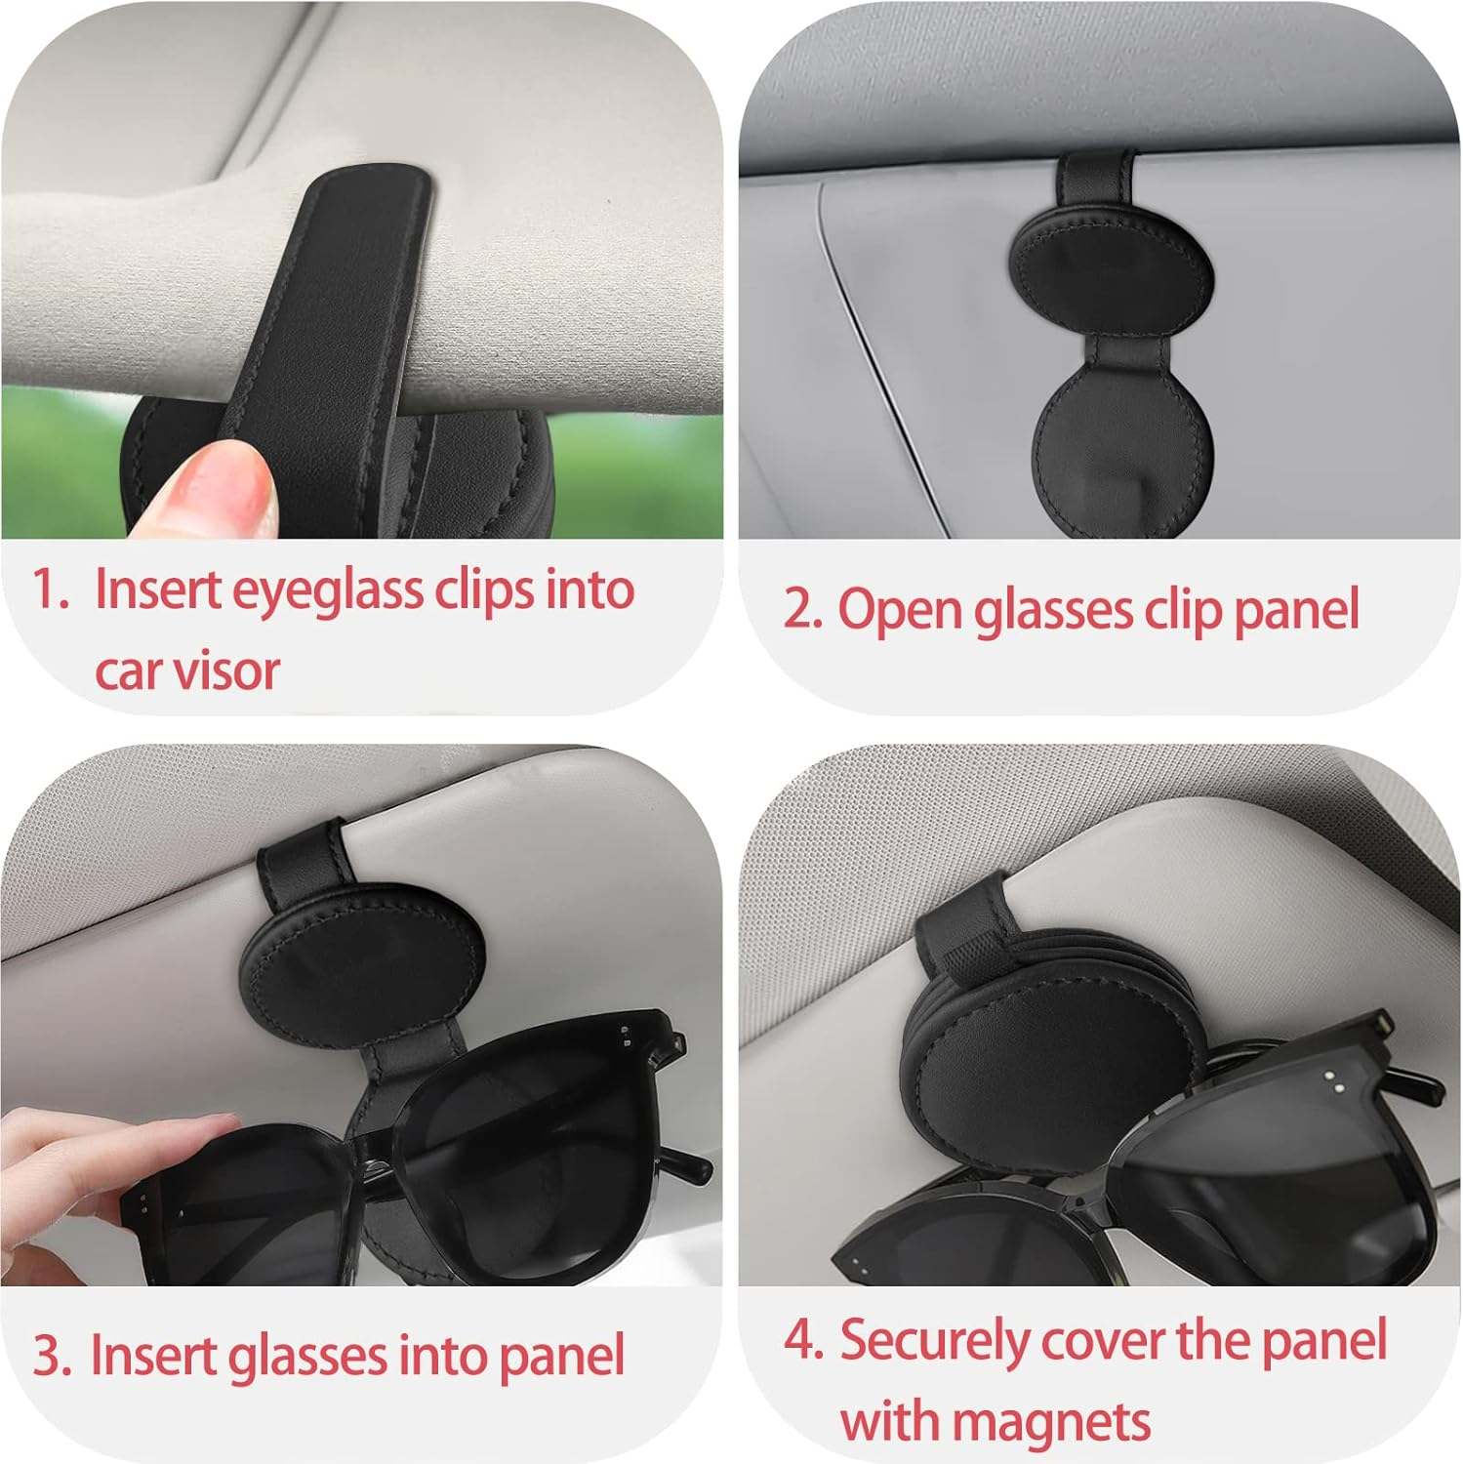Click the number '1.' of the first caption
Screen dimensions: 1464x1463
[50, 589]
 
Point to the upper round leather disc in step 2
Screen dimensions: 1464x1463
[1111, 270]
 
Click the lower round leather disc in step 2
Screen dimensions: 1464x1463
[1122, 450]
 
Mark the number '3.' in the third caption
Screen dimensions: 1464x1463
[52, 1356]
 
